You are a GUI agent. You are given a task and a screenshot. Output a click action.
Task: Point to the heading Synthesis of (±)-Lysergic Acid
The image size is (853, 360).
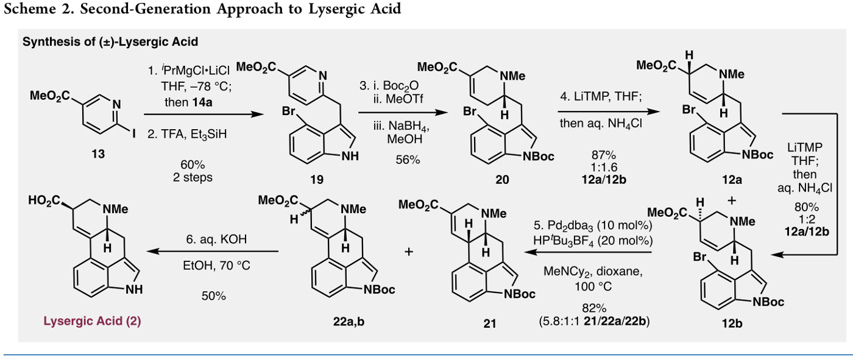click(110, 43)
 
